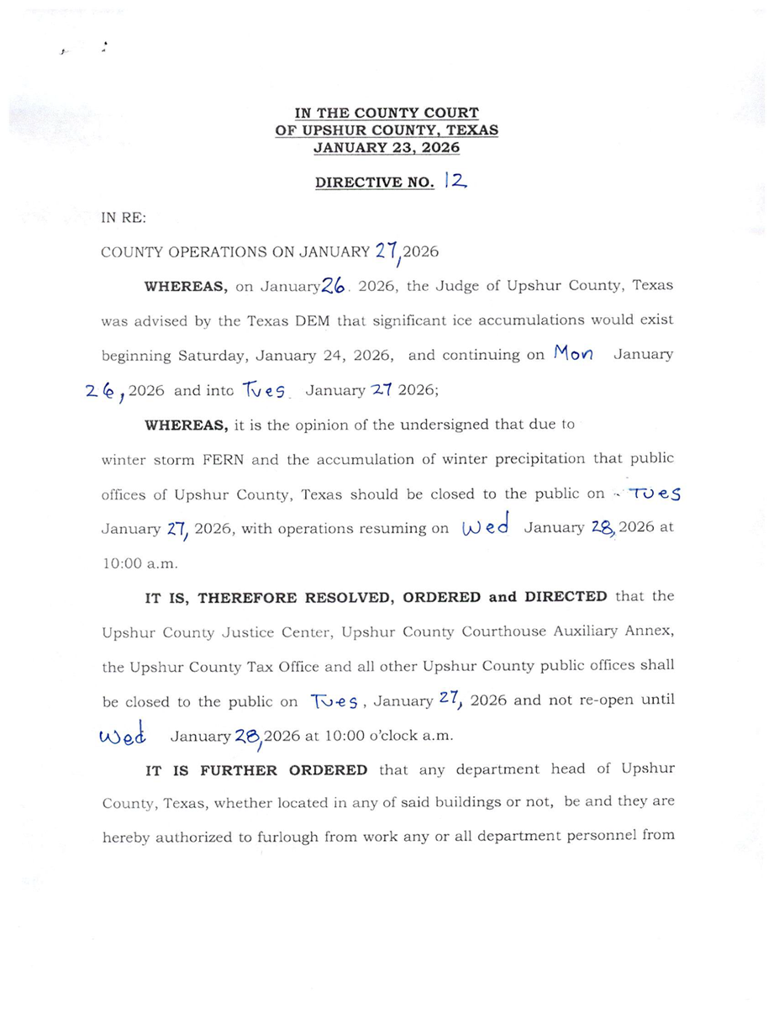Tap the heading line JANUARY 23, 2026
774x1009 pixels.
pyautogui.click(x=387, y=147)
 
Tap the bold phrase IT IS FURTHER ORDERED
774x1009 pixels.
pyautogui.click(x=256, y=770)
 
